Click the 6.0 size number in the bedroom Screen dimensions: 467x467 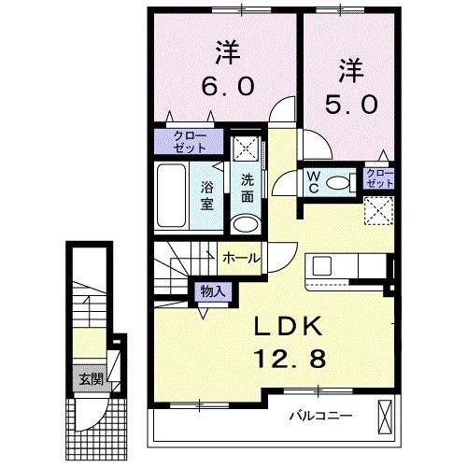click(x=227, y=86)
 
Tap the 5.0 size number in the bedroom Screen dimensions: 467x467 click(x=351, y=104)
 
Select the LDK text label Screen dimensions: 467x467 click(x=288, y=326)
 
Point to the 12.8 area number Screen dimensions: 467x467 click(x=290, y=358)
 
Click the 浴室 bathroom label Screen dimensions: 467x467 click(x=207, y=195)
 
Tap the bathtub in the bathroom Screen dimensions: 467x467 click(x=171, y=195)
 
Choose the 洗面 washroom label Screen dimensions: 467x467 click(x=248, y=189)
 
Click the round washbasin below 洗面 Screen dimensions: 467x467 click(x=246, y=223)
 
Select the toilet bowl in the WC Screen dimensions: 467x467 click(x=338, y=183)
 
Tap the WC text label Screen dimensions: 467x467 click(x=314, y=182)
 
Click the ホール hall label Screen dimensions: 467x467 click(x=241, y=258)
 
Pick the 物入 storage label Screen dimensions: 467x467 click(x=213, y=291)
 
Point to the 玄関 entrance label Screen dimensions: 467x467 click(x=91, y=379)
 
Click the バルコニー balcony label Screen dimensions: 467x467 click(x=321, y=416)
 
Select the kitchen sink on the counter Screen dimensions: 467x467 click(x=321, y=266)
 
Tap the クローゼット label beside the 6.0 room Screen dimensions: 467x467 click(x=190, y=142)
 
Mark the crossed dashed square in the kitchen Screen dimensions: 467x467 click(x=379, y=210)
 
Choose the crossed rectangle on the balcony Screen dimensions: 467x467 click(x=386, y=417)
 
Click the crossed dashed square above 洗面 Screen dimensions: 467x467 click(x=247, y=148)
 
